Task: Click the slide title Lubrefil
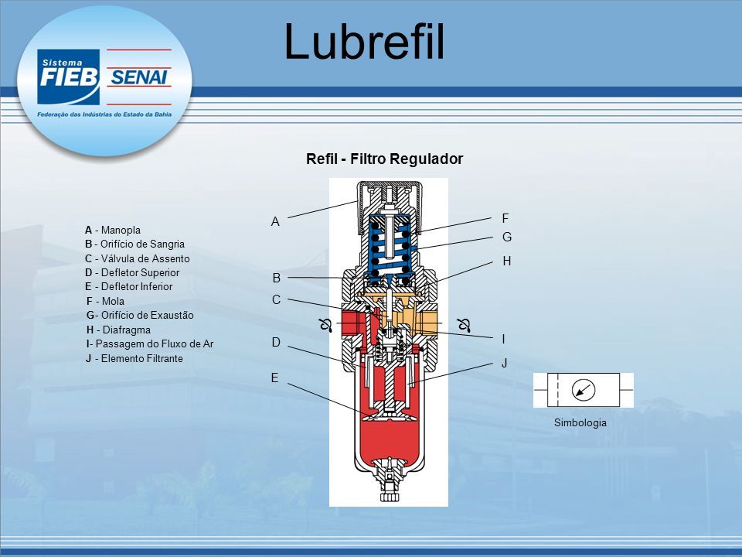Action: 364,41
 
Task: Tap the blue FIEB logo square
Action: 69,77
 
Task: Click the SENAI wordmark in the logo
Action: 138,77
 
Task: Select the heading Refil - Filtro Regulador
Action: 384,159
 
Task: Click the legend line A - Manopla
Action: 113,231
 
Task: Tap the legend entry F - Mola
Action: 106,301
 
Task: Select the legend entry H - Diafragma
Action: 118,330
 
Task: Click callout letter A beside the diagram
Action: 275,222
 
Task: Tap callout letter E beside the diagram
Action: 275,378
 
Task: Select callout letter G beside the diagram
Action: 507,237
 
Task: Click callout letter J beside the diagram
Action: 505,364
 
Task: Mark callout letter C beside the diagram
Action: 277,300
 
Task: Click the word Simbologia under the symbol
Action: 580,422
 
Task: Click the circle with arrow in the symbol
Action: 584,390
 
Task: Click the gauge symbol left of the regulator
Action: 325,325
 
